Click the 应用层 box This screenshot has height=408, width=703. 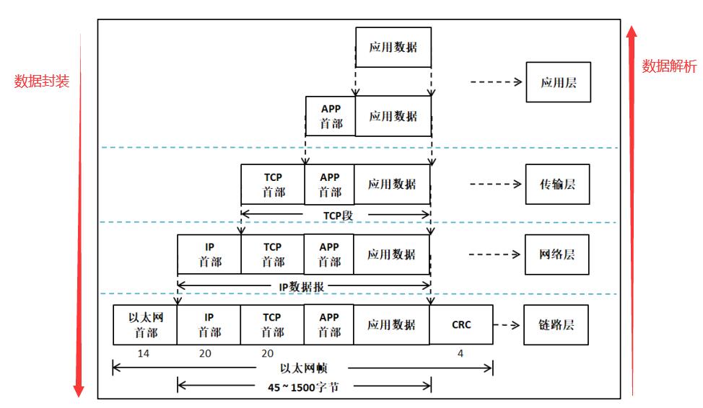pos(557,83)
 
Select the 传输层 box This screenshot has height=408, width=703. pos(557,185)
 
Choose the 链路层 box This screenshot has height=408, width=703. pos(557,324)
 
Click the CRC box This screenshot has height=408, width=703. pos(461,324)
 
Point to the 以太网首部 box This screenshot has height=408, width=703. pos(145,324)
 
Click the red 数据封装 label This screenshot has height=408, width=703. pos(42,81)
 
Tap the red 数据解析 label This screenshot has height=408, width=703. pos(669,67)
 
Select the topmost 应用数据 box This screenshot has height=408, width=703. pos(393,48)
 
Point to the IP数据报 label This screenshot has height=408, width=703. pos(301,286)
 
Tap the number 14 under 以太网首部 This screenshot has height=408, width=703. pos(144,353)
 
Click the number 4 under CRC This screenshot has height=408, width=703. pos(460,353)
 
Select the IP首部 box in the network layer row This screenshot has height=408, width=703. pos(209,254)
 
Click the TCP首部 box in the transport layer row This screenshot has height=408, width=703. pos(273,185)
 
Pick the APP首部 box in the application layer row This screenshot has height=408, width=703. pos(331,116)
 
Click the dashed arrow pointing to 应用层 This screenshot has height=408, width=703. pos(496,82)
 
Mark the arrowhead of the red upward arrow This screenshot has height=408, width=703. pos(632,32)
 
